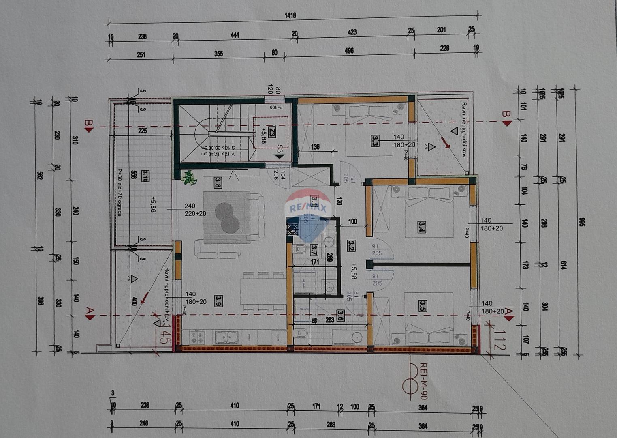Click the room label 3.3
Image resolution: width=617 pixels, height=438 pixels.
(x=375, y=141)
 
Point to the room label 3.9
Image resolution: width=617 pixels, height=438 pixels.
(x=218, y=301)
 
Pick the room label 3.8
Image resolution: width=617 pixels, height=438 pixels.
(x=218, y=182)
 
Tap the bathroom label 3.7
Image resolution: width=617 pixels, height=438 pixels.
(x=314, y=250)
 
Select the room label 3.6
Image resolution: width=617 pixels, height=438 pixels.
(x=340, y=316)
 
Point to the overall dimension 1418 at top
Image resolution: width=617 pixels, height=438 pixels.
(x=290, y=15)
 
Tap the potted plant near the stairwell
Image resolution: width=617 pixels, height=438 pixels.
(x=188, y=178)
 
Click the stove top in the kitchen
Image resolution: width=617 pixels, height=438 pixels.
(x=197, y=337)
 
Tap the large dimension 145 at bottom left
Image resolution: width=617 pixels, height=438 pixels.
(x=164, y=336)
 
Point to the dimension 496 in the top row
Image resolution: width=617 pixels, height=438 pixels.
(x=349, y=51)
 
